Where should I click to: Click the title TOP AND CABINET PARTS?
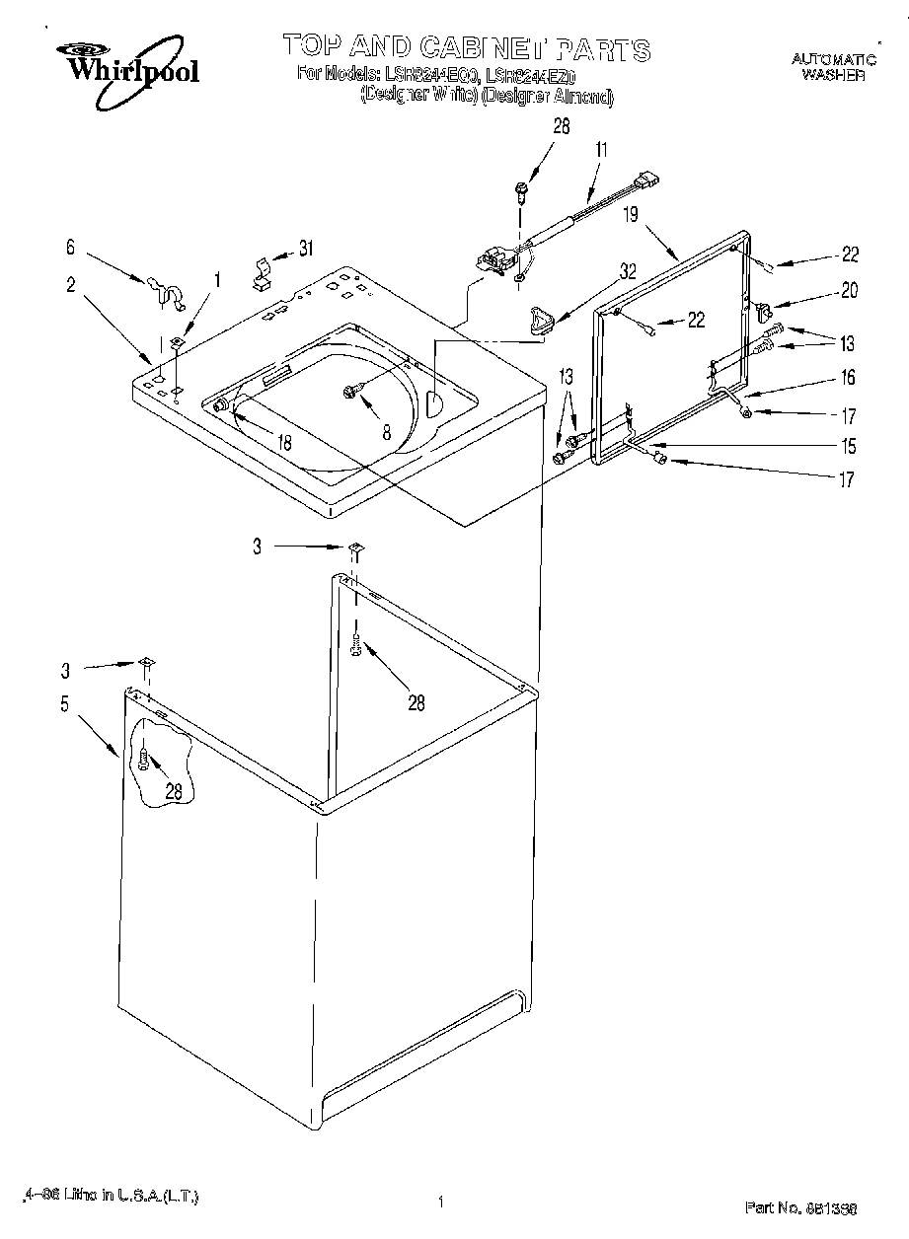coord(466,46)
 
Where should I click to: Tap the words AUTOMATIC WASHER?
coord(833,67)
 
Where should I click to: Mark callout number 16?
coord(847,377)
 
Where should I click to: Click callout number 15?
coord(847,446)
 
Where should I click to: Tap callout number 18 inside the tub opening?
coord(283,444)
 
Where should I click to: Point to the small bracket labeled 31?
coord(264,273)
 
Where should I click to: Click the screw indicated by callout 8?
coord(350,393)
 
